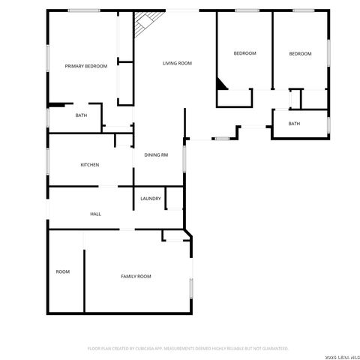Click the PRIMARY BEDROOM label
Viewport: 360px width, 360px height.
tap(85, 67)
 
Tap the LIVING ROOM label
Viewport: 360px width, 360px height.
tap(178, 64)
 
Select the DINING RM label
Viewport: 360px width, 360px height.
tap(156, 154)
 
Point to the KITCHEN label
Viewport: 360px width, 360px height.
tap(90, 165)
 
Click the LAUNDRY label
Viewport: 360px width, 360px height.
tap(150, 199)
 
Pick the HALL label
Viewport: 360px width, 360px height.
tap(95, 214)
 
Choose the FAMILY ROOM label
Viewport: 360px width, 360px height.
tap(136, 277)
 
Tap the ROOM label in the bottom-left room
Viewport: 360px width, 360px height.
tap(62, 271)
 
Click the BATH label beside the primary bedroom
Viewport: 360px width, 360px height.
tap(81, 115)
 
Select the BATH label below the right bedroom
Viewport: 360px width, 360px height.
tap(294, 124)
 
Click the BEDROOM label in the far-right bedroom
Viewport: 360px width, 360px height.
tap(300, 53)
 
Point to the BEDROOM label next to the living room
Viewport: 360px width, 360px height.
tap(244, 53)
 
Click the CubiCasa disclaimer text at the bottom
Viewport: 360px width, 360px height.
tap(187, 349)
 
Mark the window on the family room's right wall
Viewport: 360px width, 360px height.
tap(191, 286)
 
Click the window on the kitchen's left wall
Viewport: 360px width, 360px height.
tap(48, 160)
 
